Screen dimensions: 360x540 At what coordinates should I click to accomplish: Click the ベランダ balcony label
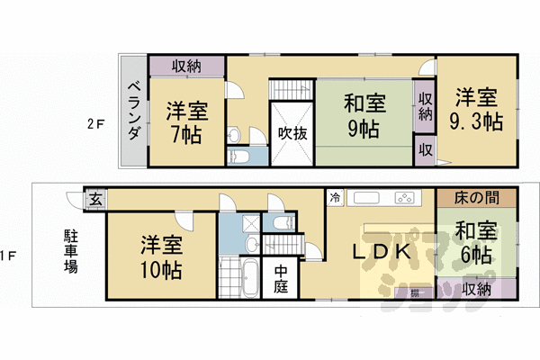[133, 111]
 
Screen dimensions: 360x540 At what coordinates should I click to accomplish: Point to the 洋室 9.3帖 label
[476, 109]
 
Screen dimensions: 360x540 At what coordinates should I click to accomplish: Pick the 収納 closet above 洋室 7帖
[186, 67]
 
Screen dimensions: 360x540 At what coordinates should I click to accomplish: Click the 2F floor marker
[97, 123]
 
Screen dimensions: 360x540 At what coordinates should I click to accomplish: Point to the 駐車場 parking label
[69, 251]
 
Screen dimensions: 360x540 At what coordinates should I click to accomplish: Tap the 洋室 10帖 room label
[162, 256]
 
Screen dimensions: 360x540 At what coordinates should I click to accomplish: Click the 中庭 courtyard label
[282, 279]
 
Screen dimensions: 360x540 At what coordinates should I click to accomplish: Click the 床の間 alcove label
[466, 197]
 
